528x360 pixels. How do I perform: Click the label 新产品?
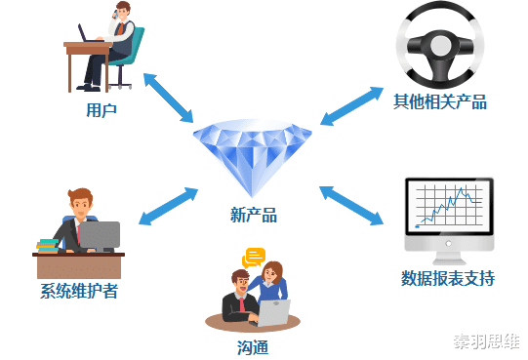tap(254, 215)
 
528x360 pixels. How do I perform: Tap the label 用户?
tap(102, 110)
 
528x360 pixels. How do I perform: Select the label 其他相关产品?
tap(439, 101)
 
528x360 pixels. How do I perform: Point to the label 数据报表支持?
tap(448, 278)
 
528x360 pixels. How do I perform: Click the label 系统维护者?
tap(79, 292)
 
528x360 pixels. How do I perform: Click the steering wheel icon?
tap(440, 46)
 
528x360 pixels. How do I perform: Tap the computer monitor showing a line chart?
tap(449, 210)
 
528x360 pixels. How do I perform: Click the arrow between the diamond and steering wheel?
tap(352, 105)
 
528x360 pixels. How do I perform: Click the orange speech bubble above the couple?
tap(255, 258)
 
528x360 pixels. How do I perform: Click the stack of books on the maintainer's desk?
tap(47, 245)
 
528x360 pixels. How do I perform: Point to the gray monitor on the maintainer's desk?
tap(99, 235)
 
